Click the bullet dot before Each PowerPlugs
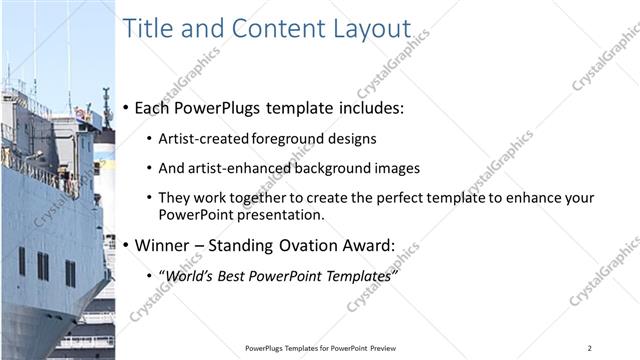click(126, 107)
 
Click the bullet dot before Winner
click(126, 245)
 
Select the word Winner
click(163, 245)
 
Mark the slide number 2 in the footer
click(590, 348)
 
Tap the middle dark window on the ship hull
click(43, 266)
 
